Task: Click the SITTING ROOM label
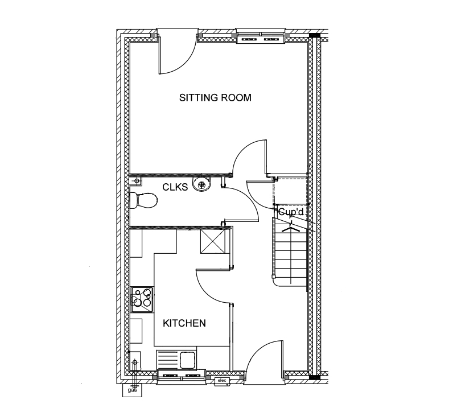(215, 98)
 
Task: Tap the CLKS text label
(175, 187)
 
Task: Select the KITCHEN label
(184, 323)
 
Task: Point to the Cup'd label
(291, 212)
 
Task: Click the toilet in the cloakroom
(143, 200)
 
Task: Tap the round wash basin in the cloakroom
(201, 184)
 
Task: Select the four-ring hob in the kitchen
(142, 299)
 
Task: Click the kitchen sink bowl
(188, 360)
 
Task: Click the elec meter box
(223, 381)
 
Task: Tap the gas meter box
(132, 390)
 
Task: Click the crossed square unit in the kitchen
(213, 241)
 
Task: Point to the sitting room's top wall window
(261, 36)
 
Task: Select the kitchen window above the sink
(181, 377)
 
